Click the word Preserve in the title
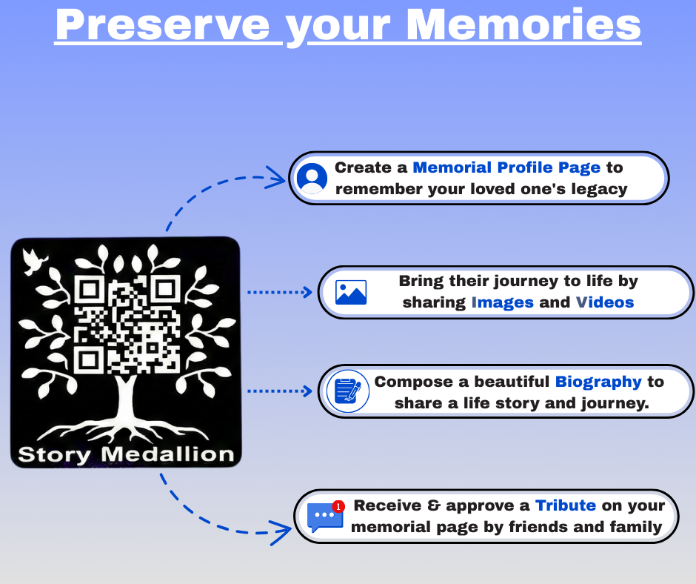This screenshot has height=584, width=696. tap(162, 25)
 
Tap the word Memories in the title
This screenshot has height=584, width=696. tap(523, 25)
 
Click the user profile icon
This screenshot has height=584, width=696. tap(312, 178)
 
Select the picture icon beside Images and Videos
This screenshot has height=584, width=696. tap(351, 293)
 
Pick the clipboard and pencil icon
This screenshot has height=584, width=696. tap(348, 391)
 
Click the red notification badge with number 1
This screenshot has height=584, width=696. tap(338, 506)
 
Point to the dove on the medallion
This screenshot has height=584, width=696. tap(34, 262)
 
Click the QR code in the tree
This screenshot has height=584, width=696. tap(127, 324)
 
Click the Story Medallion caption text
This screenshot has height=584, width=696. tap(126, 454)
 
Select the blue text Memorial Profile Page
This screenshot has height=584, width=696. tap(506, 168)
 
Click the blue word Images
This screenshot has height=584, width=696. tap(502, 302)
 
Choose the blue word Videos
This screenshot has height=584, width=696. tap(605, 302)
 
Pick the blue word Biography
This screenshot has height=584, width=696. tap(598, 382)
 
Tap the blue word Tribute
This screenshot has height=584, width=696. tap(566, 505)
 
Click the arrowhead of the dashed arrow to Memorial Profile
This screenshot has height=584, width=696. tap(275, 179)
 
